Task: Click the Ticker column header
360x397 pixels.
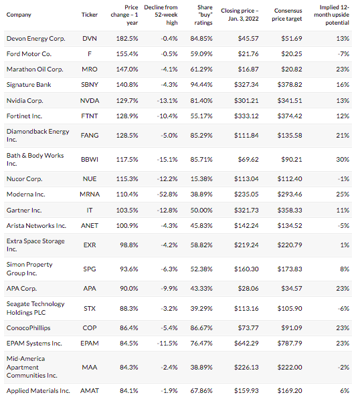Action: click(90, 15)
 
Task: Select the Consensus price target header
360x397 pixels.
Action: click(287, 15)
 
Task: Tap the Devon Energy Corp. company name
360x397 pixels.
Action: click(36, 39)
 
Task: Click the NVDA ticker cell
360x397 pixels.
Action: click(90, 100)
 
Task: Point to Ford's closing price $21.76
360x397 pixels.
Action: click(248, 53)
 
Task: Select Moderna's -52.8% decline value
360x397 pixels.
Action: click(167, 194)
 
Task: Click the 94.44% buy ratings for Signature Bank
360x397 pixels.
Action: click(201, 85)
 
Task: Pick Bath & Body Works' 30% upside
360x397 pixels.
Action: click(343, 159)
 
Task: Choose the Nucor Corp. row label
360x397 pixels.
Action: click(24, 178)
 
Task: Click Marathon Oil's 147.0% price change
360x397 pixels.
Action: click(127, 69)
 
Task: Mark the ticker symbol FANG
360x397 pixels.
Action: click(90, 135)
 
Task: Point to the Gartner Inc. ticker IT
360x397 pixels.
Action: click(90, 210)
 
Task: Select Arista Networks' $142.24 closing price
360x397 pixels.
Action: click(246, 226)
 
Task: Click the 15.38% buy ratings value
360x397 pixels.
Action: click(201, 178)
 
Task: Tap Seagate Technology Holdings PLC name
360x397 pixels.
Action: click(35, 308)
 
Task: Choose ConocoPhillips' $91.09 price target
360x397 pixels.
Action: click(292, 328)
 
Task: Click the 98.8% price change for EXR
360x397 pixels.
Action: click(128, 245)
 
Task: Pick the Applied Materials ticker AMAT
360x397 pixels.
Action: click(90, 391)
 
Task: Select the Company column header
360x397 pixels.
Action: click(19, 15)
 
